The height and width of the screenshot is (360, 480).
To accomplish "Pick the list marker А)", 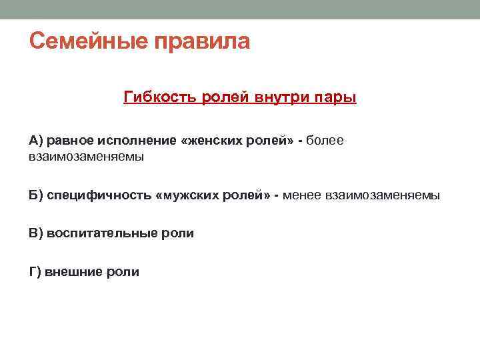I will [36, 140].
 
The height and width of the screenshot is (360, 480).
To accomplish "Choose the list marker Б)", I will [36, 195].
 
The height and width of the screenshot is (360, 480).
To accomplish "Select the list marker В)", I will [36, 233].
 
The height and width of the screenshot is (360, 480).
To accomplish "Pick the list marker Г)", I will [35, 271].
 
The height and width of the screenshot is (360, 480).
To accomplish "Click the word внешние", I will [73, 271].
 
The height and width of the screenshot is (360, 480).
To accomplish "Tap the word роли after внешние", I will [123, 271].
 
